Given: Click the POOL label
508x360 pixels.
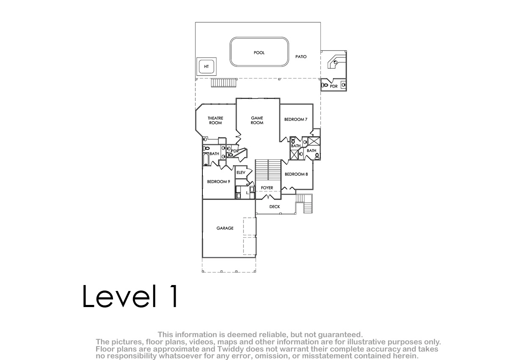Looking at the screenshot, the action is tap(259, 53).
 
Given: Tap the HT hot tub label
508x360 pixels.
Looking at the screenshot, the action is tap(207, 66).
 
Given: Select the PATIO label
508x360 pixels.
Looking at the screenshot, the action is tap(301, 57).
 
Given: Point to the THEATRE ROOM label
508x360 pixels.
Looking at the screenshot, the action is tap(215, 120).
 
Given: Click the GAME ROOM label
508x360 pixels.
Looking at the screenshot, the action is tap(257, 120).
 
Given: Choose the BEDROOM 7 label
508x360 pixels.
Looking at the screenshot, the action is tap(296, 119).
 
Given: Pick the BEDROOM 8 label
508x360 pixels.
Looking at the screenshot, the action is tap(296, 174).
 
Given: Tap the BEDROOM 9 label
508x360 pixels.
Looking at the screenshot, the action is tap(218, 182).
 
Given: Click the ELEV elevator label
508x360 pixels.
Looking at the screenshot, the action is tap(241, 173).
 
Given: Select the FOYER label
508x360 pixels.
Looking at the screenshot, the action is tap(267, 188).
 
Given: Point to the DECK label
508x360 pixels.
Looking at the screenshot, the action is tap(275, 207).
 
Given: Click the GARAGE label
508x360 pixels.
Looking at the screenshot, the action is tap(225, 228).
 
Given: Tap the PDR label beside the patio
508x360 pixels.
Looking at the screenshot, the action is tap(334, 86).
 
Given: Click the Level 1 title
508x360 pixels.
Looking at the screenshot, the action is tap(130, 296).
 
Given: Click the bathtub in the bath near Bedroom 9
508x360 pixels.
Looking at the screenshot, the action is tap(206, 159).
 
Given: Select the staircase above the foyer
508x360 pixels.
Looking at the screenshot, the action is tap(268, 170).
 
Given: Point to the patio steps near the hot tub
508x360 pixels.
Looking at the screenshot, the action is tap(224, 83).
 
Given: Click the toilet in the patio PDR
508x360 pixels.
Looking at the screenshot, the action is tap(325, 85).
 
